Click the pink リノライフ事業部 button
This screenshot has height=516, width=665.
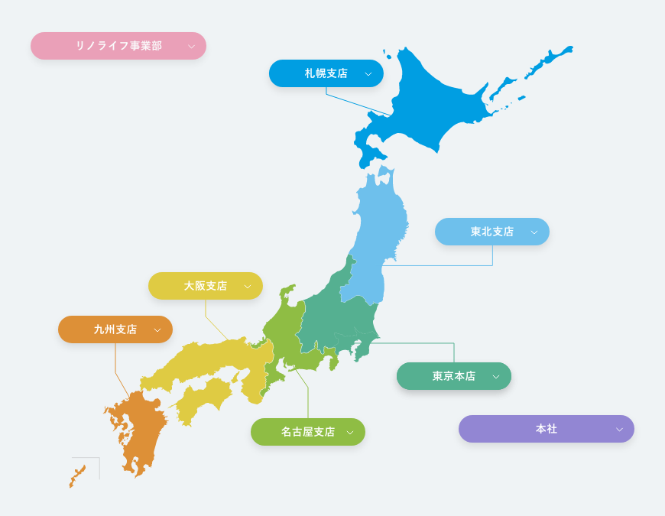point(118,46)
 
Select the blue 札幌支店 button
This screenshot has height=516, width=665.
point(326,73)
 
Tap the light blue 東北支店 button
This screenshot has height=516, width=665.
point(492,232)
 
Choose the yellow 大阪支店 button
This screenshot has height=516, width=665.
point(206,286)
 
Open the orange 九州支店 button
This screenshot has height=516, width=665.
point(115,329)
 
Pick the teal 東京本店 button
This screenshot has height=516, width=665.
point(454,376)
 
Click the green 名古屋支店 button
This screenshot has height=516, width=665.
point(308,432)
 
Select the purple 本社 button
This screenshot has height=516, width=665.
point(547,429)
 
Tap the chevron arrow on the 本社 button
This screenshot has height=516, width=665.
point(619,430)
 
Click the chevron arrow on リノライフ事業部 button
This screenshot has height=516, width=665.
point(191,47)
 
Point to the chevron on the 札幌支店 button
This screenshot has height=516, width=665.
point(368,74)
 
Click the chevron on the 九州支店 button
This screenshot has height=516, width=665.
point(157,330)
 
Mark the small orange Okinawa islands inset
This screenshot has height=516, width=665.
point(77,475)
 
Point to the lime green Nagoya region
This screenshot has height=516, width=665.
point(283,344)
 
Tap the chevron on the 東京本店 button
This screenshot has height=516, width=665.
point(496,377)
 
